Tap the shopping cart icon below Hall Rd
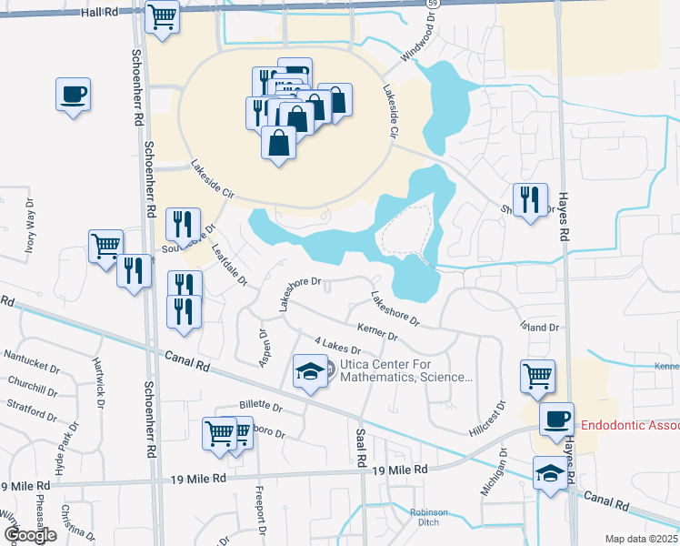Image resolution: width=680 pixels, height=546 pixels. point(163,16)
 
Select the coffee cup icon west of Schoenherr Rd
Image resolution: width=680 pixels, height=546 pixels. point(73,94)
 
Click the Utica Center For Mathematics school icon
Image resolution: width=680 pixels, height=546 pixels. point(310,371)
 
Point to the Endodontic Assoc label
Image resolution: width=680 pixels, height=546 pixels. point(629,425)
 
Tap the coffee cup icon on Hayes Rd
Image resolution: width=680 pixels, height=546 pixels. point(556,420)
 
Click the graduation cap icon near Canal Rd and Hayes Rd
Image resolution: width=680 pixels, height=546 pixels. point(549,472)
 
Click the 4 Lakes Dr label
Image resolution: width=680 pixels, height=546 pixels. point(337,345)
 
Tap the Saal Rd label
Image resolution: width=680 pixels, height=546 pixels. point(361,445)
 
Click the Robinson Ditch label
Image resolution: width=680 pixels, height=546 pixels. point(429,517)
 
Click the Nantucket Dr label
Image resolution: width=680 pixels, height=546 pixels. point(31,357)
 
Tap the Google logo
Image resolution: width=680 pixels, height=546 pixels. point(30,535)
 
